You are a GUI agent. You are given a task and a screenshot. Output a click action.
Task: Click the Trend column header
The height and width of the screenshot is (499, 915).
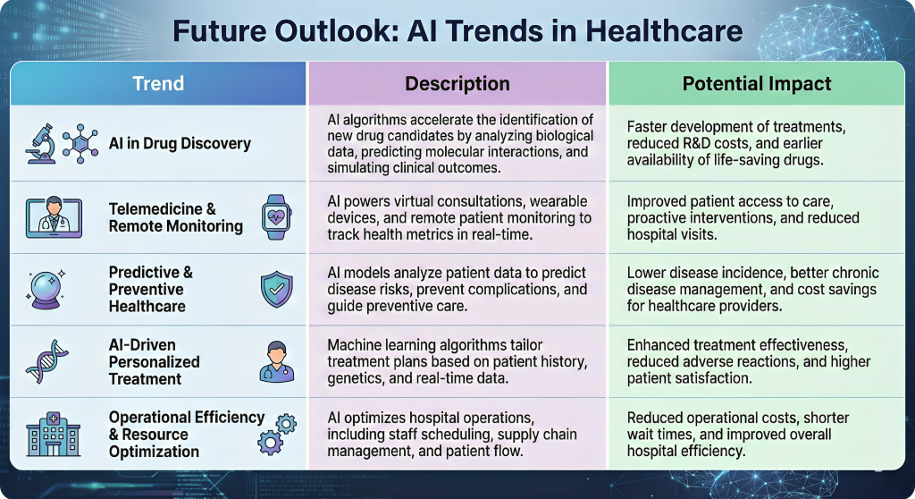(x=158, y=84)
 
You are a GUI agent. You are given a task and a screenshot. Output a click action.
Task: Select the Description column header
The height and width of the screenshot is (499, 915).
(x=457, y=84)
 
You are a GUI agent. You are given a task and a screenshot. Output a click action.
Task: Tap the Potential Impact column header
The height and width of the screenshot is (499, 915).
(x=757, y=84)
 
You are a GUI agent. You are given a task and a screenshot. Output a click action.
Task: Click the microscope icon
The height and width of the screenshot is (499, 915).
(x=41, y=143)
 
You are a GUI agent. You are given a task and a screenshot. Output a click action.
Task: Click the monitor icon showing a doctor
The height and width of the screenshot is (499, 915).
(x=54, y=217)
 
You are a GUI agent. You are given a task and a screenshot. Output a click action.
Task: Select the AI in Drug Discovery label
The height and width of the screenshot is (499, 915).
(x=180, y=143)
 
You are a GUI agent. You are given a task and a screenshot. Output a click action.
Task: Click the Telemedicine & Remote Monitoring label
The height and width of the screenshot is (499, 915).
(x=176, y=217)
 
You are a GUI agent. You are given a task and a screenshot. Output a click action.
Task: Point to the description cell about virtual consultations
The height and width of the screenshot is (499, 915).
(x=457, y=217)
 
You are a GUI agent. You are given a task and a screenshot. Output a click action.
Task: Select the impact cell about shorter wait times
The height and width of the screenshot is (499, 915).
(x=738, y=434)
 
